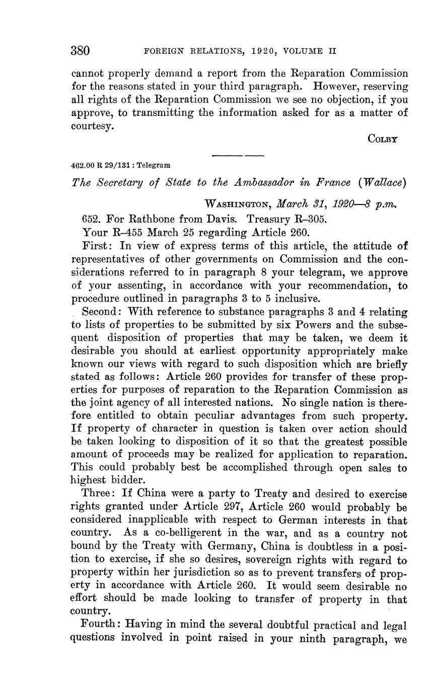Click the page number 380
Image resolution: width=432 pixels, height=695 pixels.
pyautogui.click(x=81, y=51)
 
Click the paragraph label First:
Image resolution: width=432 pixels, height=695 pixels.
pyautogui.click(x=95, y=246)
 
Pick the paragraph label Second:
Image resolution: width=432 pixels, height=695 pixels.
pyautogui.click(x=102, y=312)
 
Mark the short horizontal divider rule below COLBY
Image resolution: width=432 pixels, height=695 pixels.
pyautogui.click(x=238, y=155)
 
